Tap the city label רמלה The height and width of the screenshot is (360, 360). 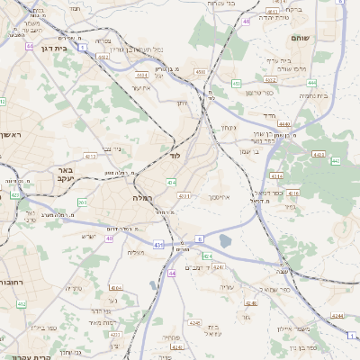144,197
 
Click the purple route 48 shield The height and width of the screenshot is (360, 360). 246,33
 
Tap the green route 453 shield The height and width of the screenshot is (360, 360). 236,83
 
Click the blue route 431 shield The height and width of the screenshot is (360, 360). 158,244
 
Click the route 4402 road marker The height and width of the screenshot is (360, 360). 103,56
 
